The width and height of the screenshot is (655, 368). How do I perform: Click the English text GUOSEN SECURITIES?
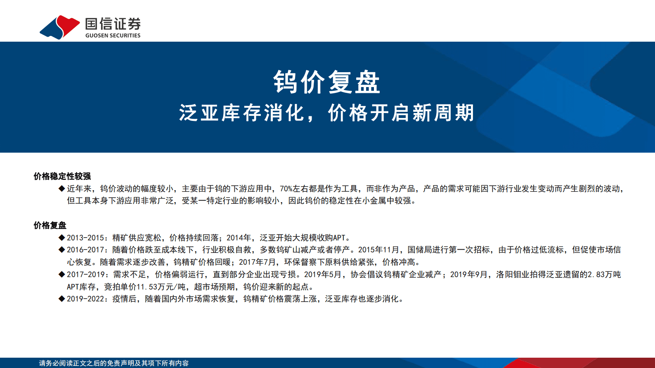[113, 35]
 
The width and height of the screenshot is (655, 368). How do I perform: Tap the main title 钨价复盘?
[326, 82]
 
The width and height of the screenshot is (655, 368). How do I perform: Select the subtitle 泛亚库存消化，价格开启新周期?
[326, 113]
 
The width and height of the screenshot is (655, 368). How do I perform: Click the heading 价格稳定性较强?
[62, 176]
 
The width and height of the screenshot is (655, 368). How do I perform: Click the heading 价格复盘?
[50, 225]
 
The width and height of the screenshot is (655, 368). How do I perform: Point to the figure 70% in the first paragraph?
[286, 189]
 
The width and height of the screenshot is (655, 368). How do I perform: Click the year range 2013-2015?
[85, 238]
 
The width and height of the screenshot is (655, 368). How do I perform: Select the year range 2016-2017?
[85, 250]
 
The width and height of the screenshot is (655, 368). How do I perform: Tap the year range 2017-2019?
[85, 274]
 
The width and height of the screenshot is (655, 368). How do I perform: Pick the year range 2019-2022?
[85, 299]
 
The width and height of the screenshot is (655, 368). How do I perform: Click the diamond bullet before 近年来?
[62, 189]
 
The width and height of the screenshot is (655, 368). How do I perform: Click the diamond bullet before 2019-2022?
[62, 299]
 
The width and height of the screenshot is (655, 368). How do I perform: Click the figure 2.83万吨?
[604, 274]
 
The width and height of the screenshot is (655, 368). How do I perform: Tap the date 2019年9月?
[468, 274]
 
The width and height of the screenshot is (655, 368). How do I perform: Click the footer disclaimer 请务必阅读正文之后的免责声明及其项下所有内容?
[114, 363]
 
